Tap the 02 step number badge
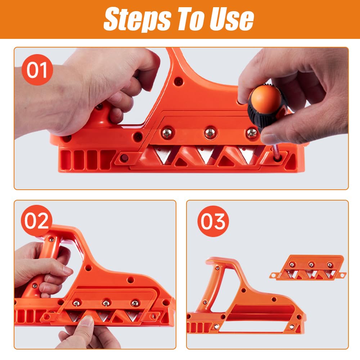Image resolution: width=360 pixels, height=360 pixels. coord(37,221)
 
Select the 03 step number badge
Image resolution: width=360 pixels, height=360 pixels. coord(213,221)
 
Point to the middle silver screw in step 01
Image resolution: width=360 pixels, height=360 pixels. coord(210,133)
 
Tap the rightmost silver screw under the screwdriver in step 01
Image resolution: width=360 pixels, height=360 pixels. coord(252,134)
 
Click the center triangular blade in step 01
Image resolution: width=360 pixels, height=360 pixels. coord(206,155)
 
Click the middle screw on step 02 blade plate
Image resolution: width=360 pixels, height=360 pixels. coord(105,303)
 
